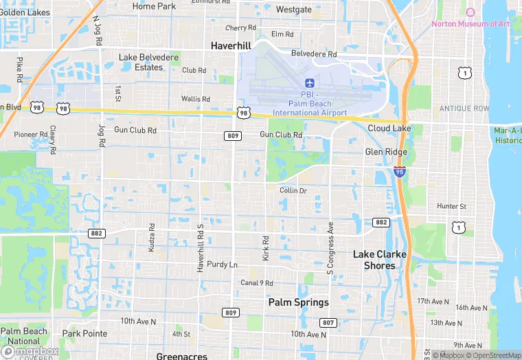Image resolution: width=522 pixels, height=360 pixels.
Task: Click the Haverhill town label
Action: pos(230,45)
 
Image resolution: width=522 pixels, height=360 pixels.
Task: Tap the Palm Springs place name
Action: pos(298,302)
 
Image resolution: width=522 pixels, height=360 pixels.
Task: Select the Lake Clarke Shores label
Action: pos(380,260)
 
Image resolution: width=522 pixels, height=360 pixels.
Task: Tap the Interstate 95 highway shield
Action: pos(400,172)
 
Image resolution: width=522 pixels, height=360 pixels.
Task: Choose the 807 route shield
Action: pos(328,323)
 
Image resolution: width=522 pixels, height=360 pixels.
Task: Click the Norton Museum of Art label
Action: pos(470,24)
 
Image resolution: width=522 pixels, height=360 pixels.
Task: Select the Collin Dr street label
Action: pos(293,190)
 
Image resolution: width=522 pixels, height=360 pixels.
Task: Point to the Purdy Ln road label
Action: pos(222,265)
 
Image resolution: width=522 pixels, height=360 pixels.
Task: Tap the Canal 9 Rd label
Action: pos(257,283)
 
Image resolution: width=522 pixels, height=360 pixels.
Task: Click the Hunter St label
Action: pos(451,206)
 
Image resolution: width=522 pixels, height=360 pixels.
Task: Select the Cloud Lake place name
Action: pos(389,128)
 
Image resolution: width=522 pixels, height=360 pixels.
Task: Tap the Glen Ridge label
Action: pos(386,152)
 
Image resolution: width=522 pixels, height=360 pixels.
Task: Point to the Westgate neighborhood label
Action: pos(293,10)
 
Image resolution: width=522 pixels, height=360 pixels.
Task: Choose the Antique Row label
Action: pos(465,109)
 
